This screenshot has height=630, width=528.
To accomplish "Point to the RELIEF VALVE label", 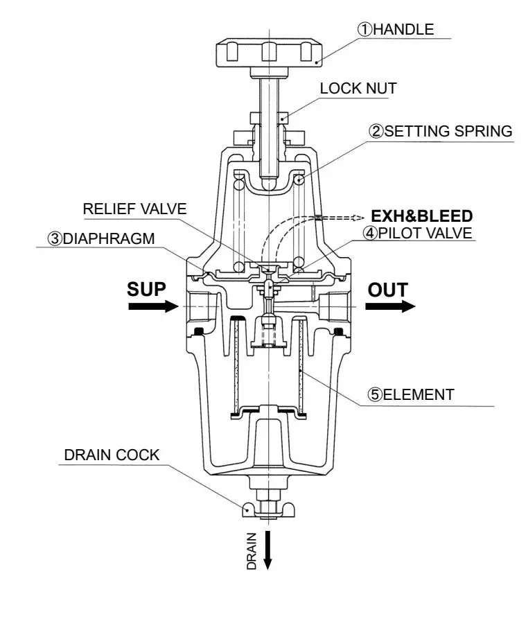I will [134, 209].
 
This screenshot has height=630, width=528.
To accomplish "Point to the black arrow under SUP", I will [152, 306].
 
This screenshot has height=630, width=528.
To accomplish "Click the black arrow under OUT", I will [390, 306].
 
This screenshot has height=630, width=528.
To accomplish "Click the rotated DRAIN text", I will [252, 551].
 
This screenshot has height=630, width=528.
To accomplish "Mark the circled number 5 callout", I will [375, 395].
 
